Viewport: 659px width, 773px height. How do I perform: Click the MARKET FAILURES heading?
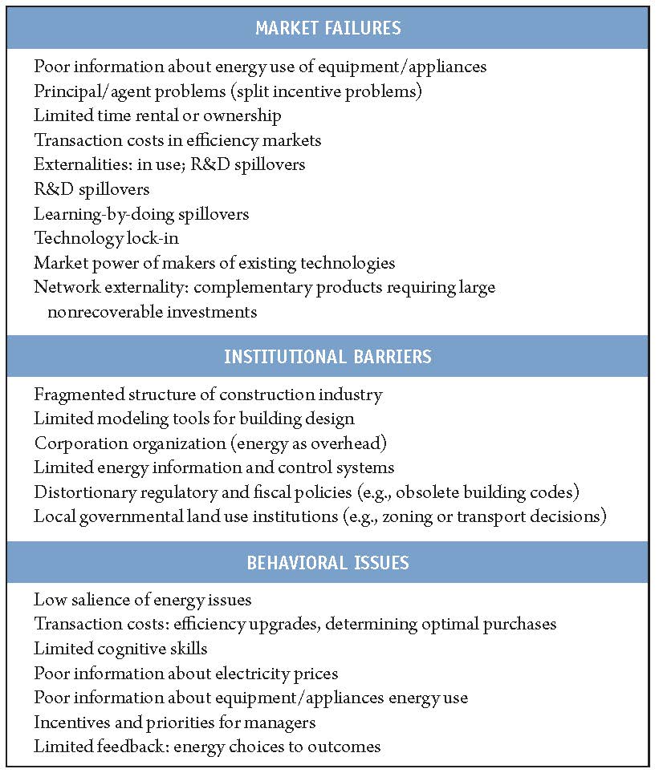pos(328,29)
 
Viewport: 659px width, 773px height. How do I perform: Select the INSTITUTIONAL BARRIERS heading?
pos(328,356)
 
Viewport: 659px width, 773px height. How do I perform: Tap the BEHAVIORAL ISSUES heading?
pos(328,562)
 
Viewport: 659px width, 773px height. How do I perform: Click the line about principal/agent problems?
pos(228,91)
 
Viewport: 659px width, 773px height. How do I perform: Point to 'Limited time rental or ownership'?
pos(157,116)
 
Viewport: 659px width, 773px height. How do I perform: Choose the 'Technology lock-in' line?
pos(108,239)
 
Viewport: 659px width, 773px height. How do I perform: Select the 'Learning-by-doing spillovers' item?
pos(141,214)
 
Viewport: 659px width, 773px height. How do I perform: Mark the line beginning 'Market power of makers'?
pos(214,263)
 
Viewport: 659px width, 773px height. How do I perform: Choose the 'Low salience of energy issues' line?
pos(142,600)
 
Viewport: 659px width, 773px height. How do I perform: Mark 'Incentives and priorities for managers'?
pos(174,722)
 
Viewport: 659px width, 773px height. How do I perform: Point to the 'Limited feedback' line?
pos(207,747)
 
